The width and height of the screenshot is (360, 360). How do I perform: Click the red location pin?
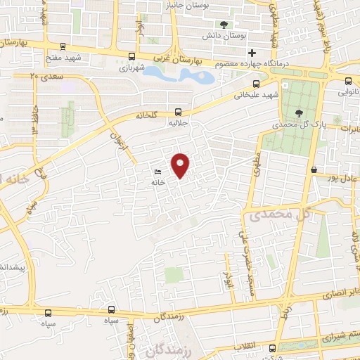pos(181,165)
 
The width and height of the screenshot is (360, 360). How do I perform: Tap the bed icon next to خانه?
pos(158,172)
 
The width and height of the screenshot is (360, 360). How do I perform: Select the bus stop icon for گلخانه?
pos(179,111)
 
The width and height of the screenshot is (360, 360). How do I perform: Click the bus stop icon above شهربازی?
pos(132,57)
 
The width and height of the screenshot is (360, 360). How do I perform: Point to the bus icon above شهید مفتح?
pos(64,48)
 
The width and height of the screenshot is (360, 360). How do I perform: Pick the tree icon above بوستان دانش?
pos(224,25)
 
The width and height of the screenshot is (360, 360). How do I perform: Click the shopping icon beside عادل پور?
pos(314,170)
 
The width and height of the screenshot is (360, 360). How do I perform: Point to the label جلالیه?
pos(179,123)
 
